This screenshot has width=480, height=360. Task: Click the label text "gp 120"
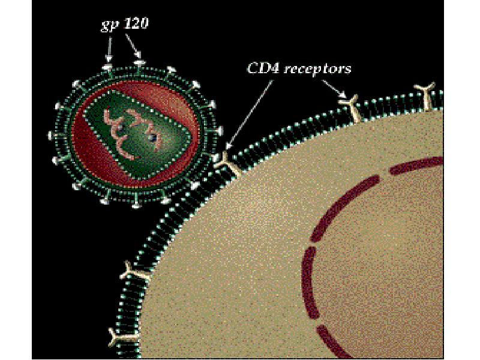125,24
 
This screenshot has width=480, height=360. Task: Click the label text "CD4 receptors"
299,68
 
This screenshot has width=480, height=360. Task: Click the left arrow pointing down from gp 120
109,50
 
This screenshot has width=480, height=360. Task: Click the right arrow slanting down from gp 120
133,46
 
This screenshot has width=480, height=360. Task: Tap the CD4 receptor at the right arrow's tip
352,108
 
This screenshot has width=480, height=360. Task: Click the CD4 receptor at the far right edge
426,95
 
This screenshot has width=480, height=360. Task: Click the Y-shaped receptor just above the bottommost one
134,272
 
